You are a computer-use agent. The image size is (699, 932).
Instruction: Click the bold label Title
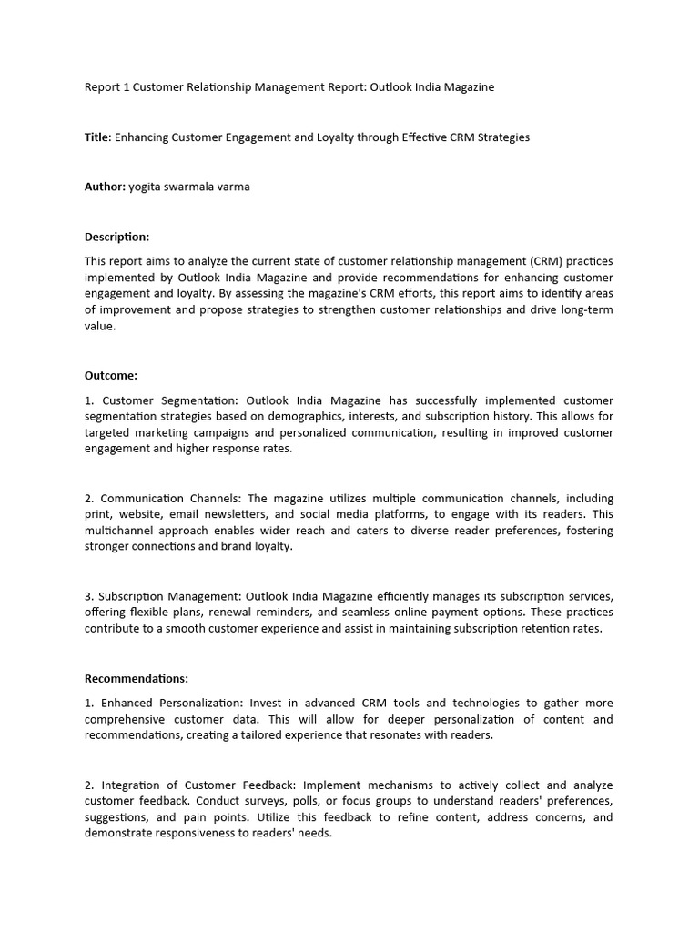tap(96, 137)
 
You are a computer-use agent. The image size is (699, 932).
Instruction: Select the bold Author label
tap(104, 187)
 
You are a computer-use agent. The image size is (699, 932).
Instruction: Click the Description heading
tap(116, 237)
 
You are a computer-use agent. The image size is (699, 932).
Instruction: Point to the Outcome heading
tap(110, 375)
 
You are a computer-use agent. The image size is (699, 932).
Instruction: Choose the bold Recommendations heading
tap(137, 678)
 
